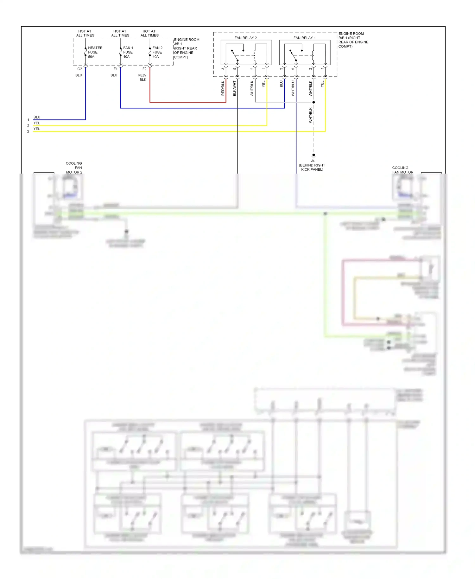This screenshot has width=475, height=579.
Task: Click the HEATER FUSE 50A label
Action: [x=95, y=52]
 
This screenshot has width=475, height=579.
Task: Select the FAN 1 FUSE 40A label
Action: [x=128, y=52]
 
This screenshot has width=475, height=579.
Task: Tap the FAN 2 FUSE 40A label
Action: [x=157, y=52]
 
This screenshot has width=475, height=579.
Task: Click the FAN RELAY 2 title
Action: [x=245, y=38]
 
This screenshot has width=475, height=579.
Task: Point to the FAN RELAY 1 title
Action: [x=304, y=38]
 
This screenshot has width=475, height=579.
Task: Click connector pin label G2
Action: [x=79, y=69]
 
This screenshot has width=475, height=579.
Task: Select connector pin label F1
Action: [x=115, y=69]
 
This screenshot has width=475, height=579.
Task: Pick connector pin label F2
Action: [x=144, y=69]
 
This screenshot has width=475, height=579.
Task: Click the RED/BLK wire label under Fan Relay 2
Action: [x=223, y=88]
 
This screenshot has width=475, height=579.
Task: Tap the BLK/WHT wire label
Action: [x=234, y=88]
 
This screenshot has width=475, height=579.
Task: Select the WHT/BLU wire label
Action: [x=293, y=88]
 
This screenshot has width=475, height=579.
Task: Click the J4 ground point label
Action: [x=313, y=161]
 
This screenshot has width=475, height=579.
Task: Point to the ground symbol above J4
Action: [x=313, y=156]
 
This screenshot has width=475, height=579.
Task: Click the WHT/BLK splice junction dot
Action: [x=313, y=102]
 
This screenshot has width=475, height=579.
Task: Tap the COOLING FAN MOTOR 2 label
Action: [x=74, y=168]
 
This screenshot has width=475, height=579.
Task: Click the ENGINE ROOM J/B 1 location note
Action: [x=186, y=48]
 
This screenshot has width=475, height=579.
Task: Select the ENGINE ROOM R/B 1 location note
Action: [x=353, y=40]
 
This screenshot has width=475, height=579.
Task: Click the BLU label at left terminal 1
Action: [x=37, y=117]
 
